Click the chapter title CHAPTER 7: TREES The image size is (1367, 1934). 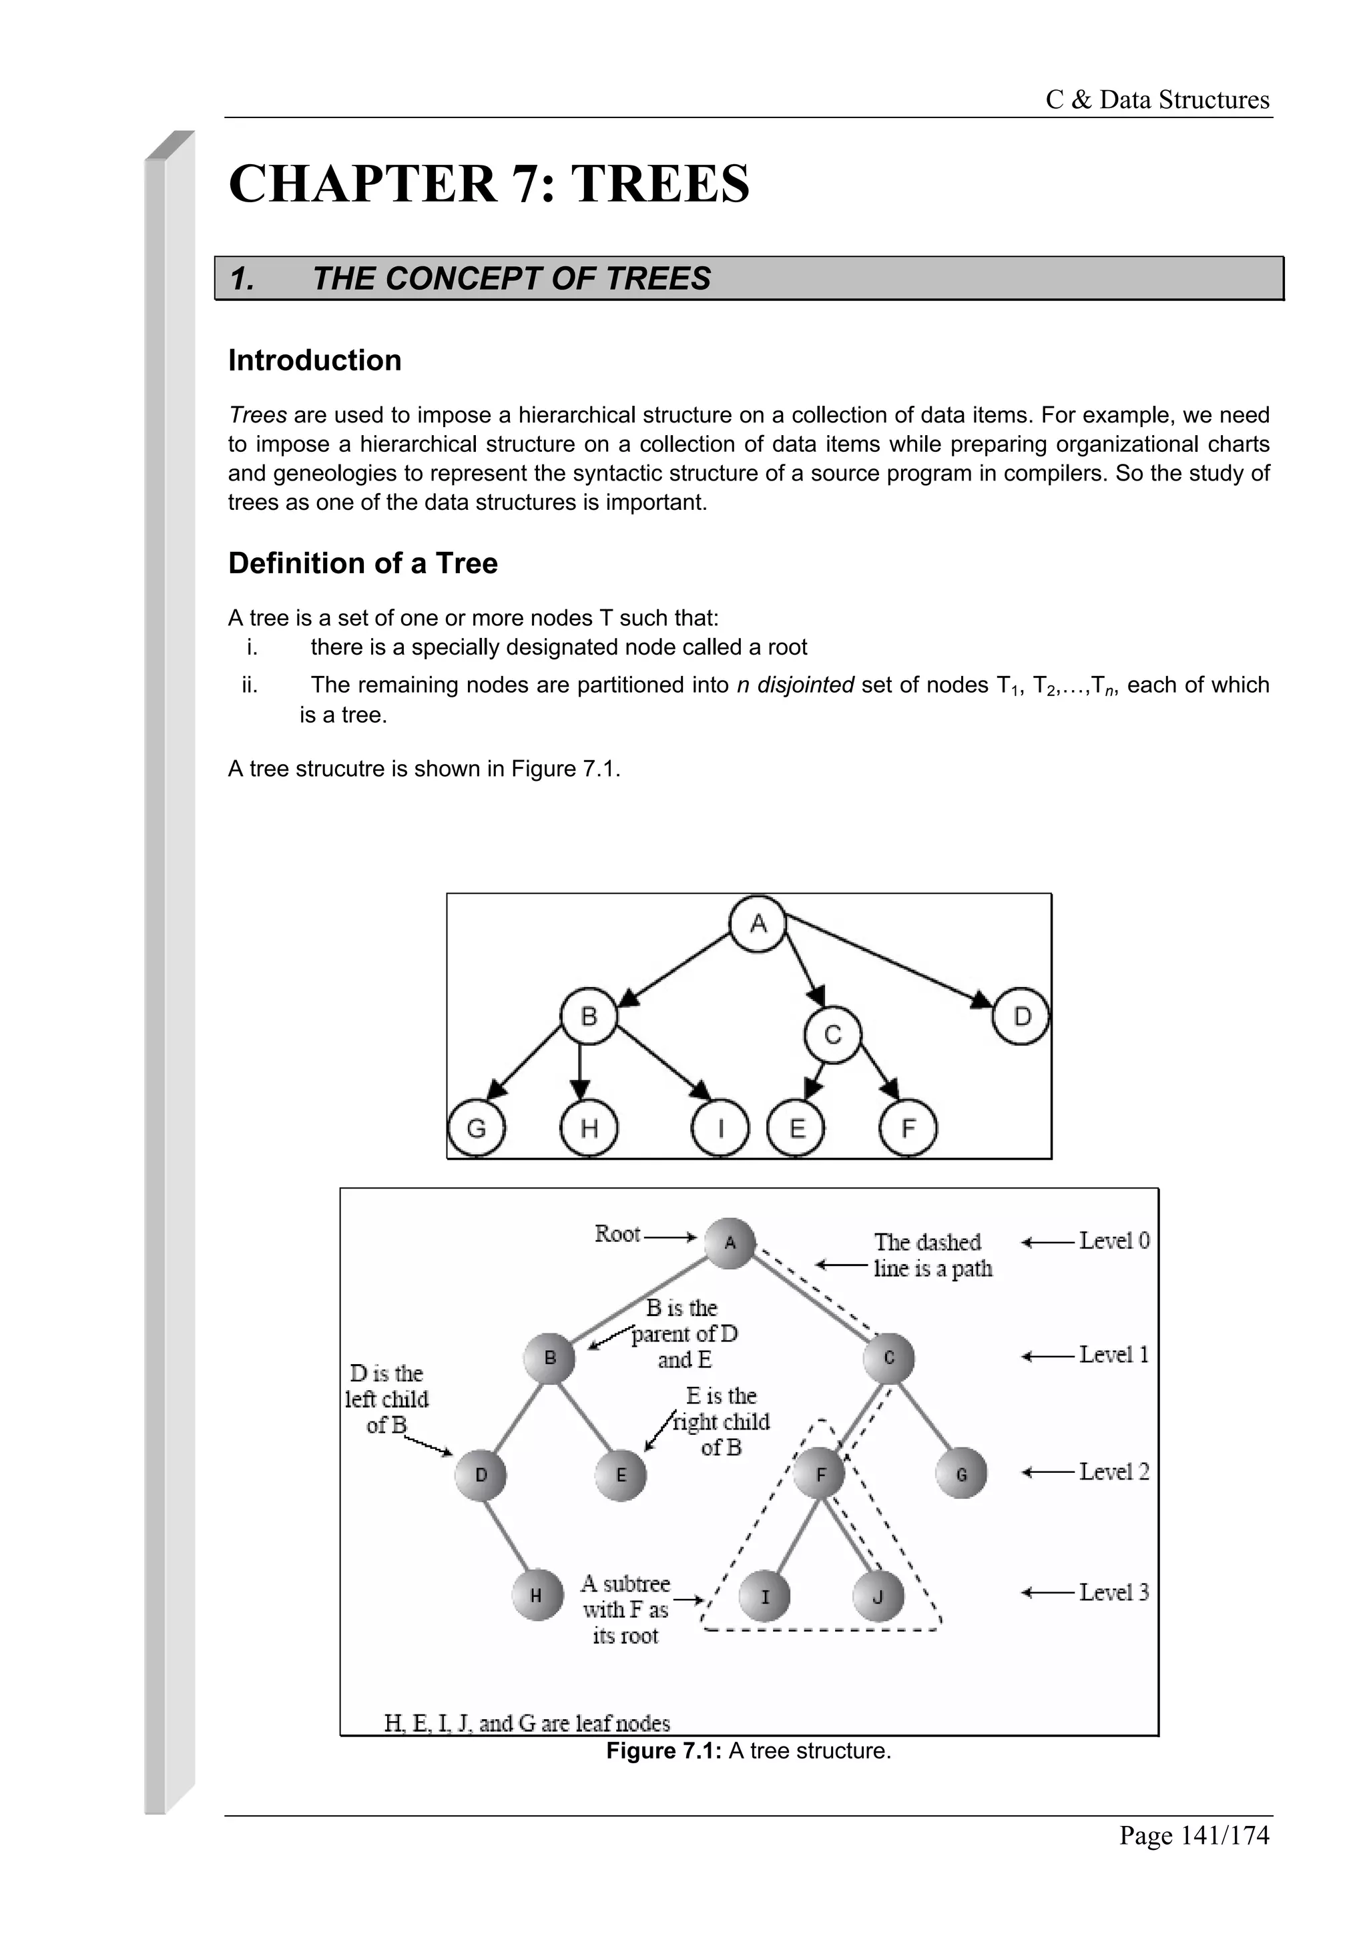point(489,184)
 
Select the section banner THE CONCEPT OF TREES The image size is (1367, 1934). point(511,279)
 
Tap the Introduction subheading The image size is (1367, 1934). point(314,360)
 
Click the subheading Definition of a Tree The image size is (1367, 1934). point(362,563)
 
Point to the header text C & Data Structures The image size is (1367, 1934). point(1157,100)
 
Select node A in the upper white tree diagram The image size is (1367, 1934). point(758,924)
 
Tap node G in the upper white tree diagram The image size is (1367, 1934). point(476,1128)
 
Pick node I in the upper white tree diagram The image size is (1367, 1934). point(720,1128)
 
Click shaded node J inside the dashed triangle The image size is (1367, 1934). point(878,1596)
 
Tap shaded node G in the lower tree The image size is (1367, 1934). point(961,1474)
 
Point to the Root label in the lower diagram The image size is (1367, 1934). point(617,1234)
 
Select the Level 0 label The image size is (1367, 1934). point(1113,1241)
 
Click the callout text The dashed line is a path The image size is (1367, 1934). point(932,1255)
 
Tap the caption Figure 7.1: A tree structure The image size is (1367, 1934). point(748,1751)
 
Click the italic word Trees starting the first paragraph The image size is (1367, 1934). point(258,415)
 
